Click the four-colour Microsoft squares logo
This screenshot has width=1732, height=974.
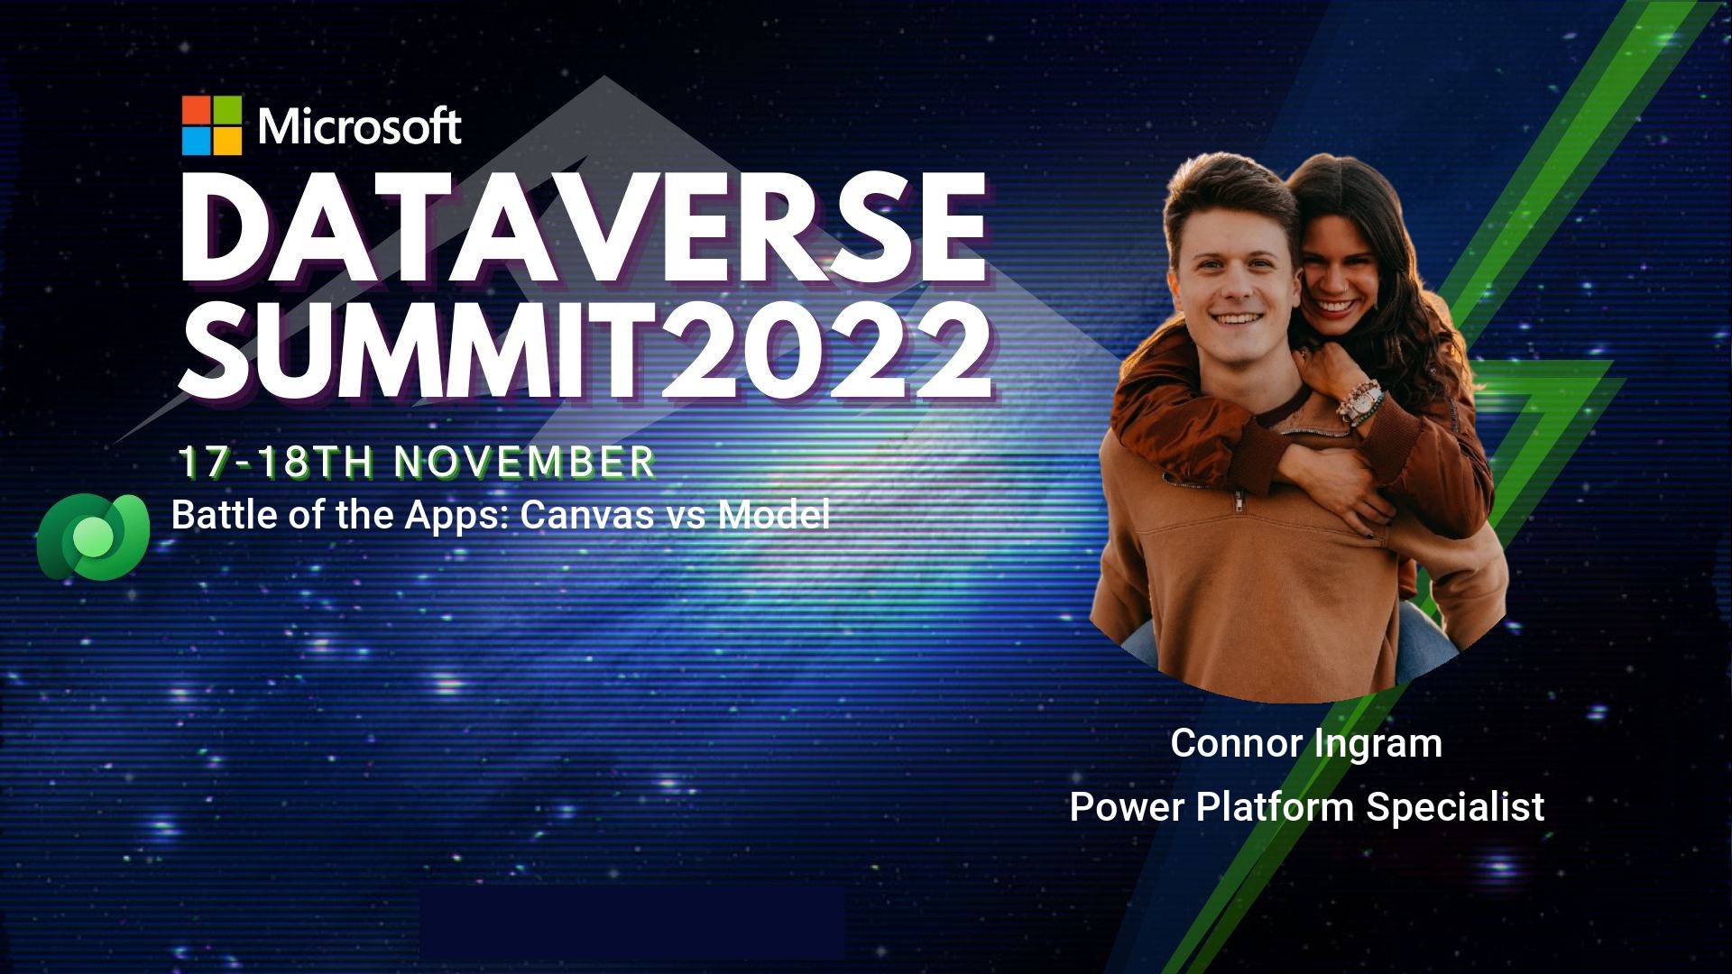tap(212, 125)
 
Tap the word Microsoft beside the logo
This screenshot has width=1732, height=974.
tap(360, 126)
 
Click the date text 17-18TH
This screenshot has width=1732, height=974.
tap(276, 462)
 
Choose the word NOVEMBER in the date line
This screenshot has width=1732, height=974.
tap(525, 462)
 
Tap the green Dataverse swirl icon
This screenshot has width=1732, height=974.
tap(93, 537)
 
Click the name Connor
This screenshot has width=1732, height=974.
tap(1236, 743)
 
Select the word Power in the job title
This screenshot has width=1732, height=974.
tap(1127, 806)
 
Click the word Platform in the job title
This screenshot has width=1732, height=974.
tap(1276, 806)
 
